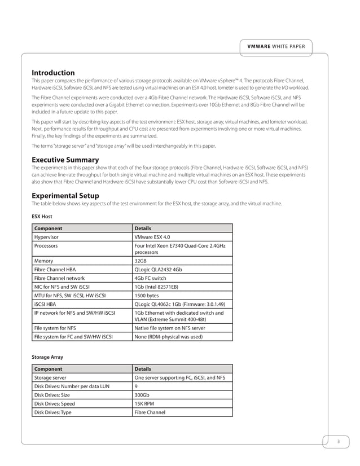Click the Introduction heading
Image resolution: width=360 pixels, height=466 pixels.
pyautogui.click(x=53, y=73)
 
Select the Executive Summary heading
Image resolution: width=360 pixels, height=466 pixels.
pyautogui.click(x=65, y=160)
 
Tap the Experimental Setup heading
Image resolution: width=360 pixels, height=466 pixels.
pyautogui.click(x=65, y=195)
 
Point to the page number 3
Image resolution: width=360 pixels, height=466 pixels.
pyautogui.click(x=337, y=441)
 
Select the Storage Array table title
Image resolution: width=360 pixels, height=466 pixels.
pyautogui.click(x=47, y=357)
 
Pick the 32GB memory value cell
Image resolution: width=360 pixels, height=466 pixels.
pyautogui.click(x=141, y=261)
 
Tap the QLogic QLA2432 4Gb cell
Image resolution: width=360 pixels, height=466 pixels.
pyautogui.click(x=159, y=270)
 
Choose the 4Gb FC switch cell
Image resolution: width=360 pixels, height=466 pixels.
pyautogui.click(x=151, y=278)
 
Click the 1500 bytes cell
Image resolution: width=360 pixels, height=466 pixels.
pyautogui.click(x=147, y=295)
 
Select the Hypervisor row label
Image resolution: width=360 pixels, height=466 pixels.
pyautogui.click(x=47, y=238)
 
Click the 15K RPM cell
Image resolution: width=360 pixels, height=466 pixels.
pyautogui.click(x=145, y=403)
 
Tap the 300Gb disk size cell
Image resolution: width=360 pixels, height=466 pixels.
pyautogui.click(x=142, y=395)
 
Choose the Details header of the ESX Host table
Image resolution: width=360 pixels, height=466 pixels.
pyautogui.click(x=143, y=228)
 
